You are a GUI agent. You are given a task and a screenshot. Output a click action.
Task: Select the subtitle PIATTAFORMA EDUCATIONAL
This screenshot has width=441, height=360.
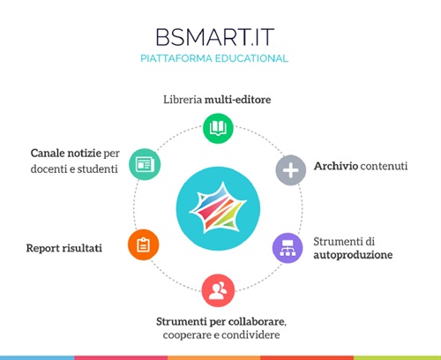pos(220,58)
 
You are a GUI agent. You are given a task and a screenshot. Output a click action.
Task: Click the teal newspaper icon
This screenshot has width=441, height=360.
pos(144,164)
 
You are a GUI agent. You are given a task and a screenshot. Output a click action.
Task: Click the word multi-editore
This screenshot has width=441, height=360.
pos(238,100)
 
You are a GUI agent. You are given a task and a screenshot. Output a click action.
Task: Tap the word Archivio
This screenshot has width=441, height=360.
pos(335,166)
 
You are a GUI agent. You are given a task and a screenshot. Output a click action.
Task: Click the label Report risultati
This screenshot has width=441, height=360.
pos(64,249)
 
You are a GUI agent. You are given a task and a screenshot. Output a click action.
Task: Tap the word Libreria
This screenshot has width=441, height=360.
pos(183,100)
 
